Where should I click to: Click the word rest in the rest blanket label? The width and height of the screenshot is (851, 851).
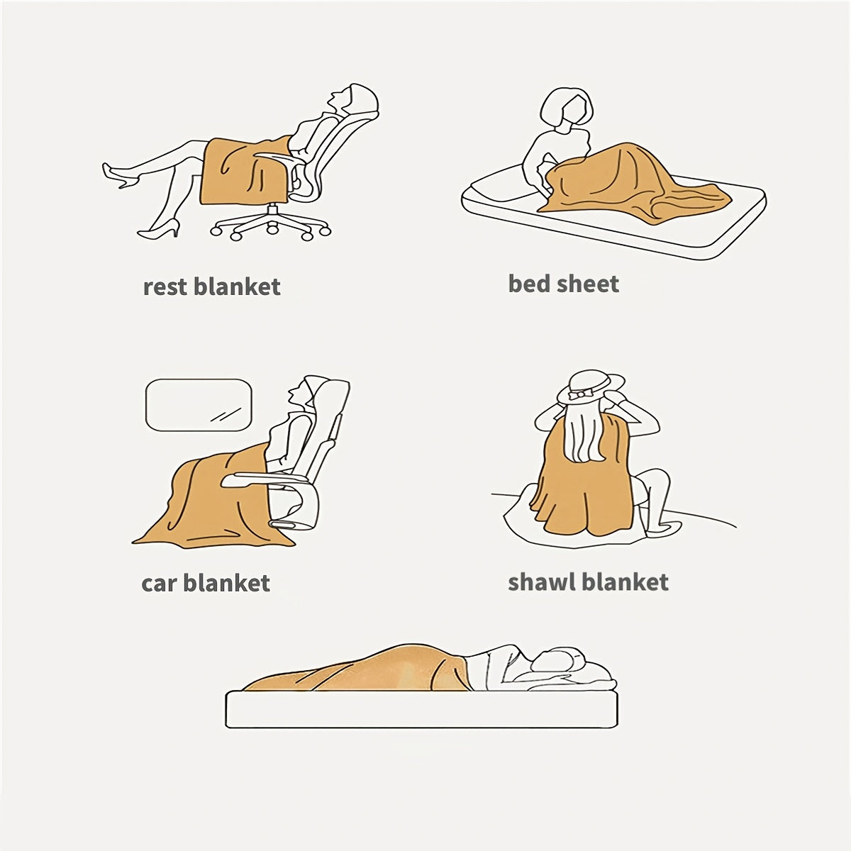(165, 287)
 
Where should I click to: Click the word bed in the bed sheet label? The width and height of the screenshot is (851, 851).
(528, 284)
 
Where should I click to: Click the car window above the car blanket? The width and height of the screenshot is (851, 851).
(199, 405)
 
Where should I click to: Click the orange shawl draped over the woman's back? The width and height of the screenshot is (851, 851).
(584, 477)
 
